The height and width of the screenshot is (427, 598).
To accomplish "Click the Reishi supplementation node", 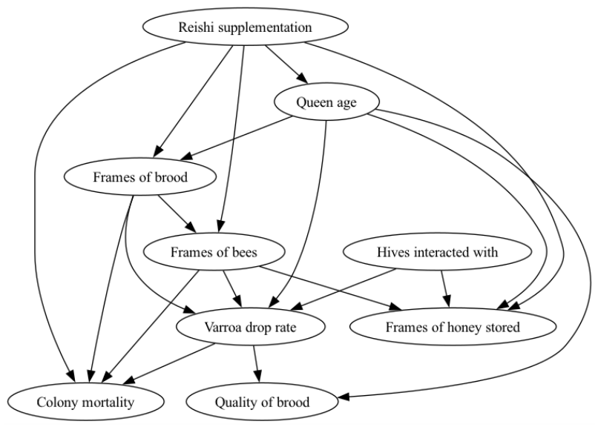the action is click(x=246, y=27).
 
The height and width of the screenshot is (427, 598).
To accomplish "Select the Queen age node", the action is click(x=326, y=102).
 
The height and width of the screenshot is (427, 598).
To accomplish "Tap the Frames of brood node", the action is click(x=140, y=176).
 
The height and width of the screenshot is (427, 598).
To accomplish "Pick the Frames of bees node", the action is click(x=214, y=252).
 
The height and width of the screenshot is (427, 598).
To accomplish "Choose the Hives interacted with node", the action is click(x=437, y=252).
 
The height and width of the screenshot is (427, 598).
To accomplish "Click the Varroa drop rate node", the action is click(x=250, y=327).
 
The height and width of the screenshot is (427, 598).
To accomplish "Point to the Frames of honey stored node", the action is click(x=453, y=327).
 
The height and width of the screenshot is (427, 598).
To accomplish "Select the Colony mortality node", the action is click(x=85, y=402).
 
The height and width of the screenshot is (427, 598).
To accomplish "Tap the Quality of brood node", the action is click(x=262, y=402).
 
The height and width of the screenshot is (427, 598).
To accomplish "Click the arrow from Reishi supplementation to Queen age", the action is click(x=286, y=64).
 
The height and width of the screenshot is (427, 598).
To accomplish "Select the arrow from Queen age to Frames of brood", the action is click(x=237, y=139).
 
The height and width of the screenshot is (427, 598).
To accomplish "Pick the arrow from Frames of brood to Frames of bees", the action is click(x=177, y=213).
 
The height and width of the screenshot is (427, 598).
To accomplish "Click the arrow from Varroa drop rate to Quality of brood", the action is click(x=256, y=364).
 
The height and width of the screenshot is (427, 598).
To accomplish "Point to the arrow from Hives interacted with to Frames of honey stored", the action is click(x=445, y=288).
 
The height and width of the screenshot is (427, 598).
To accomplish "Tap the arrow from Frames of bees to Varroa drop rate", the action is click(x=233, y=288).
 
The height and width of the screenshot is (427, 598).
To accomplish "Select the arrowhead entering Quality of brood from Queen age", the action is click(x=344, y=397).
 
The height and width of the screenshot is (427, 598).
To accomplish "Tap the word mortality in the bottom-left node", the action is click(x=111, y=403).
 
